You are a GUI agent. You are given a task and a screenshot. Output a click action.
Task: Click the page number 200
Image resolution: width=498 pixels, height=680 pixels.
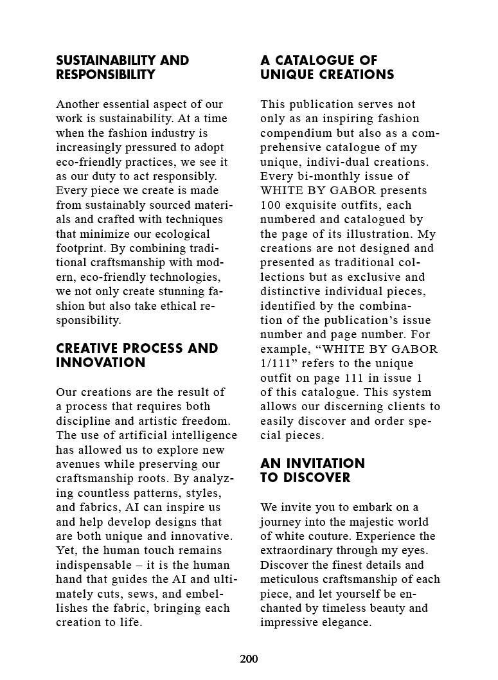(249, 659)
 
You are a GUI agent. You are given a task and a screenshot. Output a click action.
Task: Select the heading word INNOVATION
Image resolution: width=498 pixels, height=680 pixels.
(101, 362)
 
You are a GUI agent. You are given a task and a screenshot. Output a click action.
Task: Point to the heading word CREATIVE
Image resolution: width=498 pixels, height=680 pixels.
(87, 348)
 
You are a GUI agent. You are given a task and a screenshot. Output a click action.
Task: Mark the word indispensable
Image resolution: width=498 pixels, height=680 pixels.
(96, 565)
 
